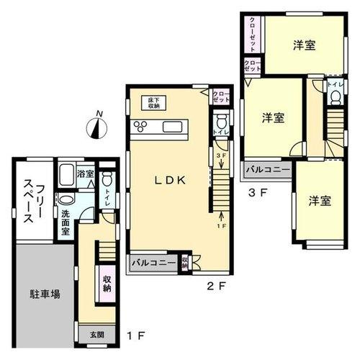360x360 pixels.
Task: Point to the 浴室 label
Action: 86,174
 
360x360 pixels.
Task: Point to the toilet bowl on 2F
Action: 221,120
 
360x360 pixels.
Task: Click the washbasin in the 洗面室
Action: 65,200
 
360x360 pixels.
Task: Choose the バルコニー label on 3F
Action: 267,171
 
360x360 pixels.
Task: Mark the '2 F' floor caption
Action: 216,287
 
